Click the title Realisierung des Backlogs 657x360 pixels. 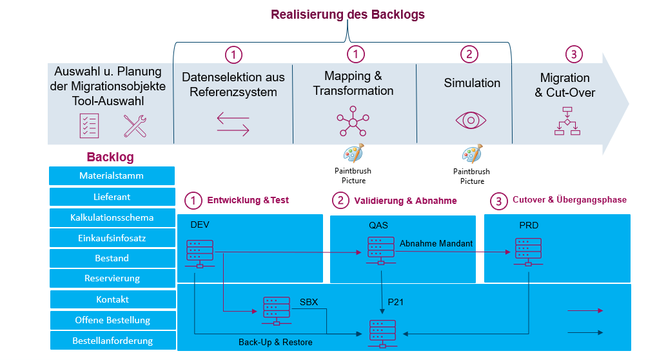(348, 15)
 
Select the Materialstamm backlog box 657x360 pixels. (112, 175)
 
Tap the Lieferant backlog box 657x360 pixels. (112, 197)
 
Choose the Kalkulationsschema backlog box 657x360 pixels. (112, 217)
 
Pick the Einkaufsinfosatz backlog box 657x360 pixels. (112, 237)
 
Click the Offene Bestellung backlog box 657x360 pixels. (113, 320)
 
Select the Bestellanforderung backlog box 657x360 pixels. (113, 340)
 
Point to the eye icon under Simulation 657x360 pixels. (471, 120)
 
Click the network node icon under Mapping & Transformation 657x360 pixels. (353, 121)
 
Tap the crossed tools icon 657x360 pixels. (135, 126)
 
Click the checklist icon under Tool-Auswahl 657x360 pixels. (89, 126)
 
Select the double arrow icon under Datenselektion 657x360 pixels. (233, 124)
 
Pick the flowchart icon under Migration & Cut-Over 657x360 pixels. (567, 121)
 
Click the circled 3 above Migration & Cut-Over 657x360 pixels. (574, 54)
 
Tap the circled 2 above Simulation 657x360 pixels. (469, 54)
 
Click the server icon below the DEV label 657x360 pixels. (200, 254)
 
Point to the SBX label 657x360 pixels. (309, 302)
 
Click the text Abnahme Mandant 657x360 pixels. (436, 243)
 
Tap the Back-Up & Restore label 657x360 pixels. (275, 342)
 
